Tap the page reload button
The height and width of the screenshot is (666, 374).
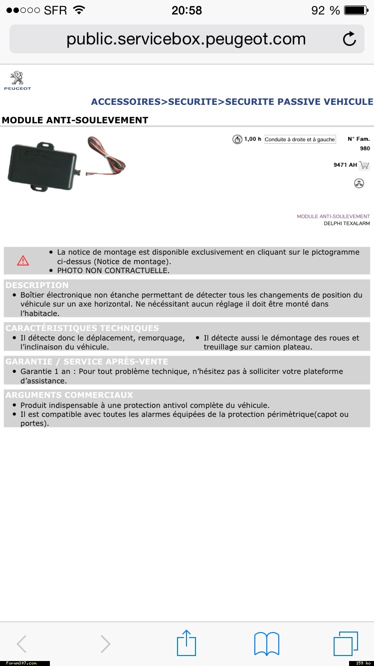click(x=350, y=39)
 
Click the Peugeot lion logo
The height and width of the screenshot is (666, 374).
click(x=17, y=79)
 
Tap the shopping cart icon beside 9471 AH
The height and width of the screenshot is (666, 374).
click(x=364, y=165)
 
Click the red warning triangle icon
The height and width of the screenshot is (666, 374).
click(x=23, y=261)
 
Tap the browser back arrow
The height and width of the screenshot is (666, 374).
click(x=21, y=644)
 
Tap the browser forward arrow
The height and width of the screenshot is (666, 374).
click(x=105, y=644)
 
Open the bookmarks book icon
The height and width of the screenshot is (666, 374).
click(x=267, y=644)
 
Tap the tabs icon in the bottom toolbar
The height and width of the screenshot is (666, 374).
click(x=346, y=644)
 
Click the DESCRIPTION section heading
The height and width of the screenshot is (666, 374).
click(x=37, y=285)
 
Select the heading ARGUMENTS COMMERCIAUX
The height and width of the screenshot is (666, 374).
click(x=69, y=395)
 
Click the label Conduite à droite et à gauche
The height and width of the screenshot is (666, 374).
click(x=300, y=139)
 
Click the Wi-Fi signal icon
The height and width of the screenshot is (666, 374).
click(x=79, y=10)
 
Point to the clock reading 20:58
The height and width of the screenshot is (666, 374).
click(x=187, y=10)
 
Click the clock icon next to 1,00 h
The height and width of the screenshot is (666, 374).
click(x=237, y=139)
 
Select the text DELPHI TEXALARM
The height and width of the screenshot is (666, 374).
click(x=347, y=224)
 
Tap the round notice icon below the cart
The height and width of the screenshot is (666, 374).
click(x=359, y=183)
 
